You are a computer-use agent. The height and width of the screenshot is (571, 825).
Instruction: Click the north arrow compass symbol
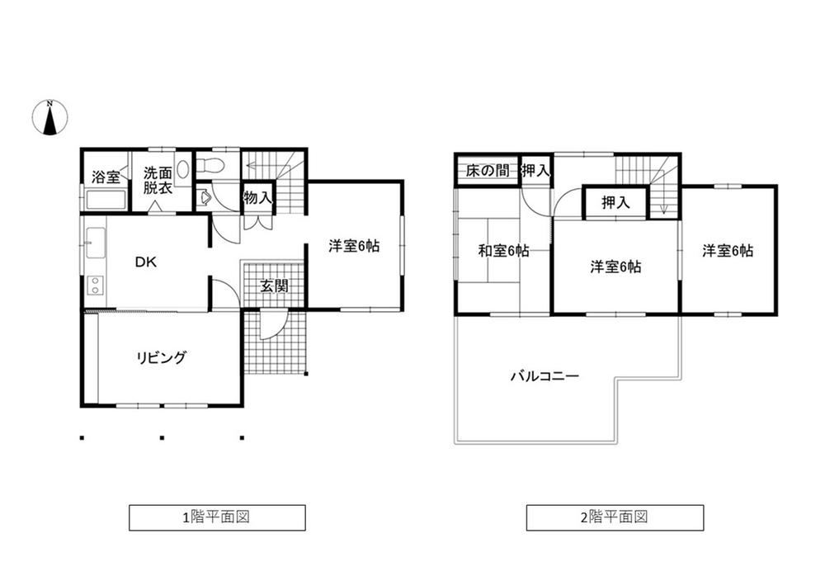click(50, 117)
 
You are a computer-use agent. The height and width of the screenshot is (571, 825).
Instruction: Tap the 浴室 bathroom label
click(106, 177)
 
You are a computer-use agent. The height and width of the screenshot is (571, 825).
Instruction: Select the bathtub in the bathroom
click(106, 200)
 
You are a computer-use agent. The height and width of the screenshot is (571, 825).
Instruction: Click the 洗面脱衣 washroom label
click(158, 181)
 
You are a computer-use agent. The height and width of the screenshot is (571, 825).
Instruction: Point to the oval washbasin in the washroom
click(183, 169)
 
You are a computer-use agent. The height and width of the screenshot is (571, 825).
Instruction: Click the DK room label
click(146, 262)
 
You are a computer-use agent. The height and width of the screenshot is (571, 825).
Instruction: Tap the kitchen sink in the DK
click(95, 243)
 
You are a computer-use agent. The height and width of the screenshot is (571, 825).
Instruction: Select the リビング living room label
click(161, 358)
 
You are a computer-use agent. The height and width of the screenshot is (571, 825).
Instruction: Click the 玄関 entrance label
click(274, 286)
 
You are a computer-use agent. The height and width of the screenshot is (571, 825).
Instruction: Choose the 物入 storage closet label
click(257, 198)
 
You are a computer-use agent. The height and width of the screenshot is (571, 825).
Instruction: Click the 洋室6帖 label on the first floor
click(354, 246)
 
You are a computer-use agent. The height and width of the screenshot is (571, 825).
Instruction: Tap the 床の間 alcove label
click(488, 171)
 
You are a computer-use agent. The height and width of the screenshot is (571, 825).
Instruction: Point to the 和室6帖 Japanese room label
click(503, 251)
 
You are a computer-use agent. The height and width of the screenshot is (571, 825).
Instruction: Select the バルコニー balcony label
click(544, 376)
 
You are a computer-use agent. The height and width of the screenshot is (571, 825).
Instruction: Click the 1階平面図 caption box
click(217, 517)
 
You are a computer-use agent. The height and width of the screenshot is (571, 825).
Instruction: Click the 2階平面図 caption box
click(615, 517)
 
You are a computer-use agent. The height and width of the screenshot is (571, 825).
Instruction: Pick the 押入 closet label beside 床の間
click(535, 171)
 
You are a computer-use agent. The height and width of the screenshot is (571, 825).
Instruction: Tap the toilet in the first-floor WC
click(214, 165)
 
